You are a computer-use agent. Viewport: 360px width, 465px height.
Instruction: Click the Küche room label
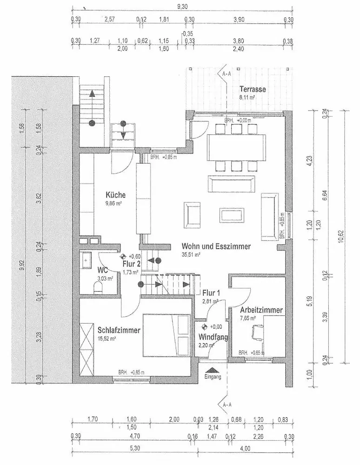tap(115, 195)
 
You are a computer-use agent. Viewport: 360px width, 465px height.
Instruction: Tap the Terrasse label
tap(253, 89)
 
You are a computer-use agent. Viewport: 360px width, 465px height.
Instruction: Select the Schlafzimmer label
tap(119, 330)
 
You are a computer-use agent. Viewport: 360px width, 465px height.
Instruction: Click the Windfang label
tap(213, 337)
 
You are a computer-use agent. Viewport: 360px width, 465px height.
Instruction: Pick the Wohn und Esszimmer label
tap(216, 246)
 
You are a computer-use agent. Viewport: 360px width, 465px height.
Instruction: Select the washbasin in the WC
tap(87, 260)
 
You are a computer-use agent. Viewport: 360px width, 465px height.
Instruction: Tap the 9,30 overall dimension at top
tap(183, 7)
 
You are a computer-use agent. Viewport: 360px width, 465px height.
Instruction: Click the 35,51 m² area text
tap(191, 255)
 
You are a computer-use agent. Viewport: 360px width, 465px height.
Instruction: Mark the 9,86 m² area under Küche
tap(113, 203)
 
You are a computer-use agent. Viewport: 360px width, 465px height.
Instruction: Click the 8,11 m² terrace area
tap(247, 98)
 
